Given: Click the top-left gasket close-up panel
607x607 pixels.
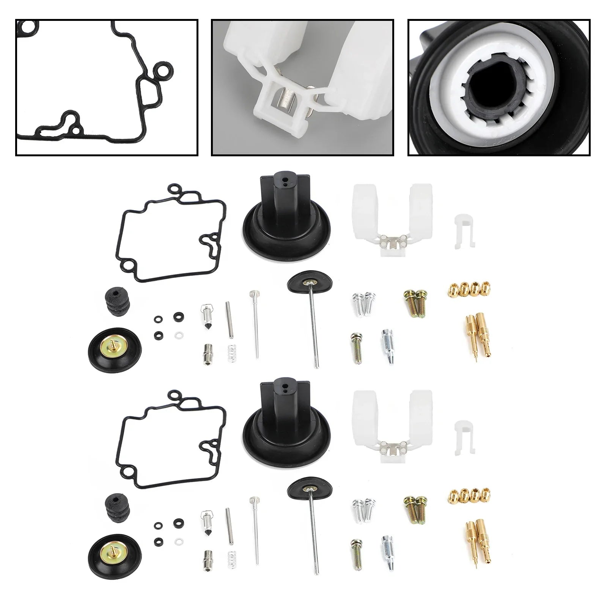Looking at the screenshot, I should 107,88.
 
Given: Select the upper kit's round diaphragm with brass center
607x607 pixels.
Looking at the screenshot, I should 115,346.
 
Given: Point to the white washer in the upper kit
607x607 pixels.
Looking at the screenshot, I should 177,335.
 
